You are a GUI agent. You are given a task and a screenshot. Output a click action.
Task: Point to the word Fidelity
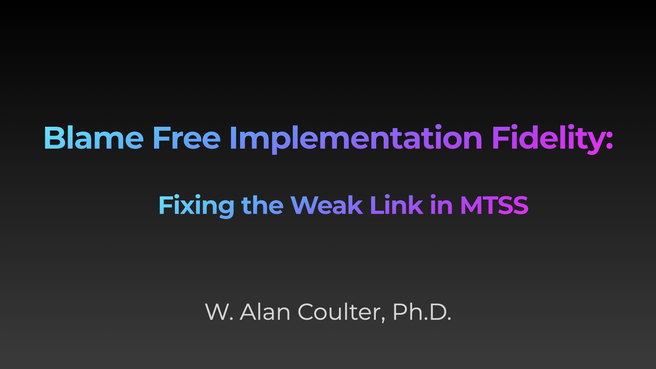[548, 139]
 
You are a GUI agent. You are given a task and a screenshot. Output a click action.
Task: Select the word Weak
[327, 205]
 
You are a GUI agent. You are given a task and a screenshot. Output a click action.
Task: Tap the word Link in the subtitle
[396, 205]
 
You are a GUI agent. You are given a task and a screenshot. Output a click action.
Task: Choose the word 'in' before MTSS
[441, 205]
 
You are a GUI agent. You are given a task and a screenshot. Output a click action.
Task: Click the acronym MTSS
[494, 205]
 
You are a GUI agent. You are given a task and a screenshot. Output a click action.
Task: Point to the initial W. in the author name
[219, 312]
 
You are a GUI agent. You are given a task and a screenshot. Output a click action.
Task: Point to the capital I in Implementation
[233, 138]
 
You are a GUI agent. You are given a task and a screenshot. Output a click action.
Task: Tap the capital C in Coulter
[306, 312]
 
